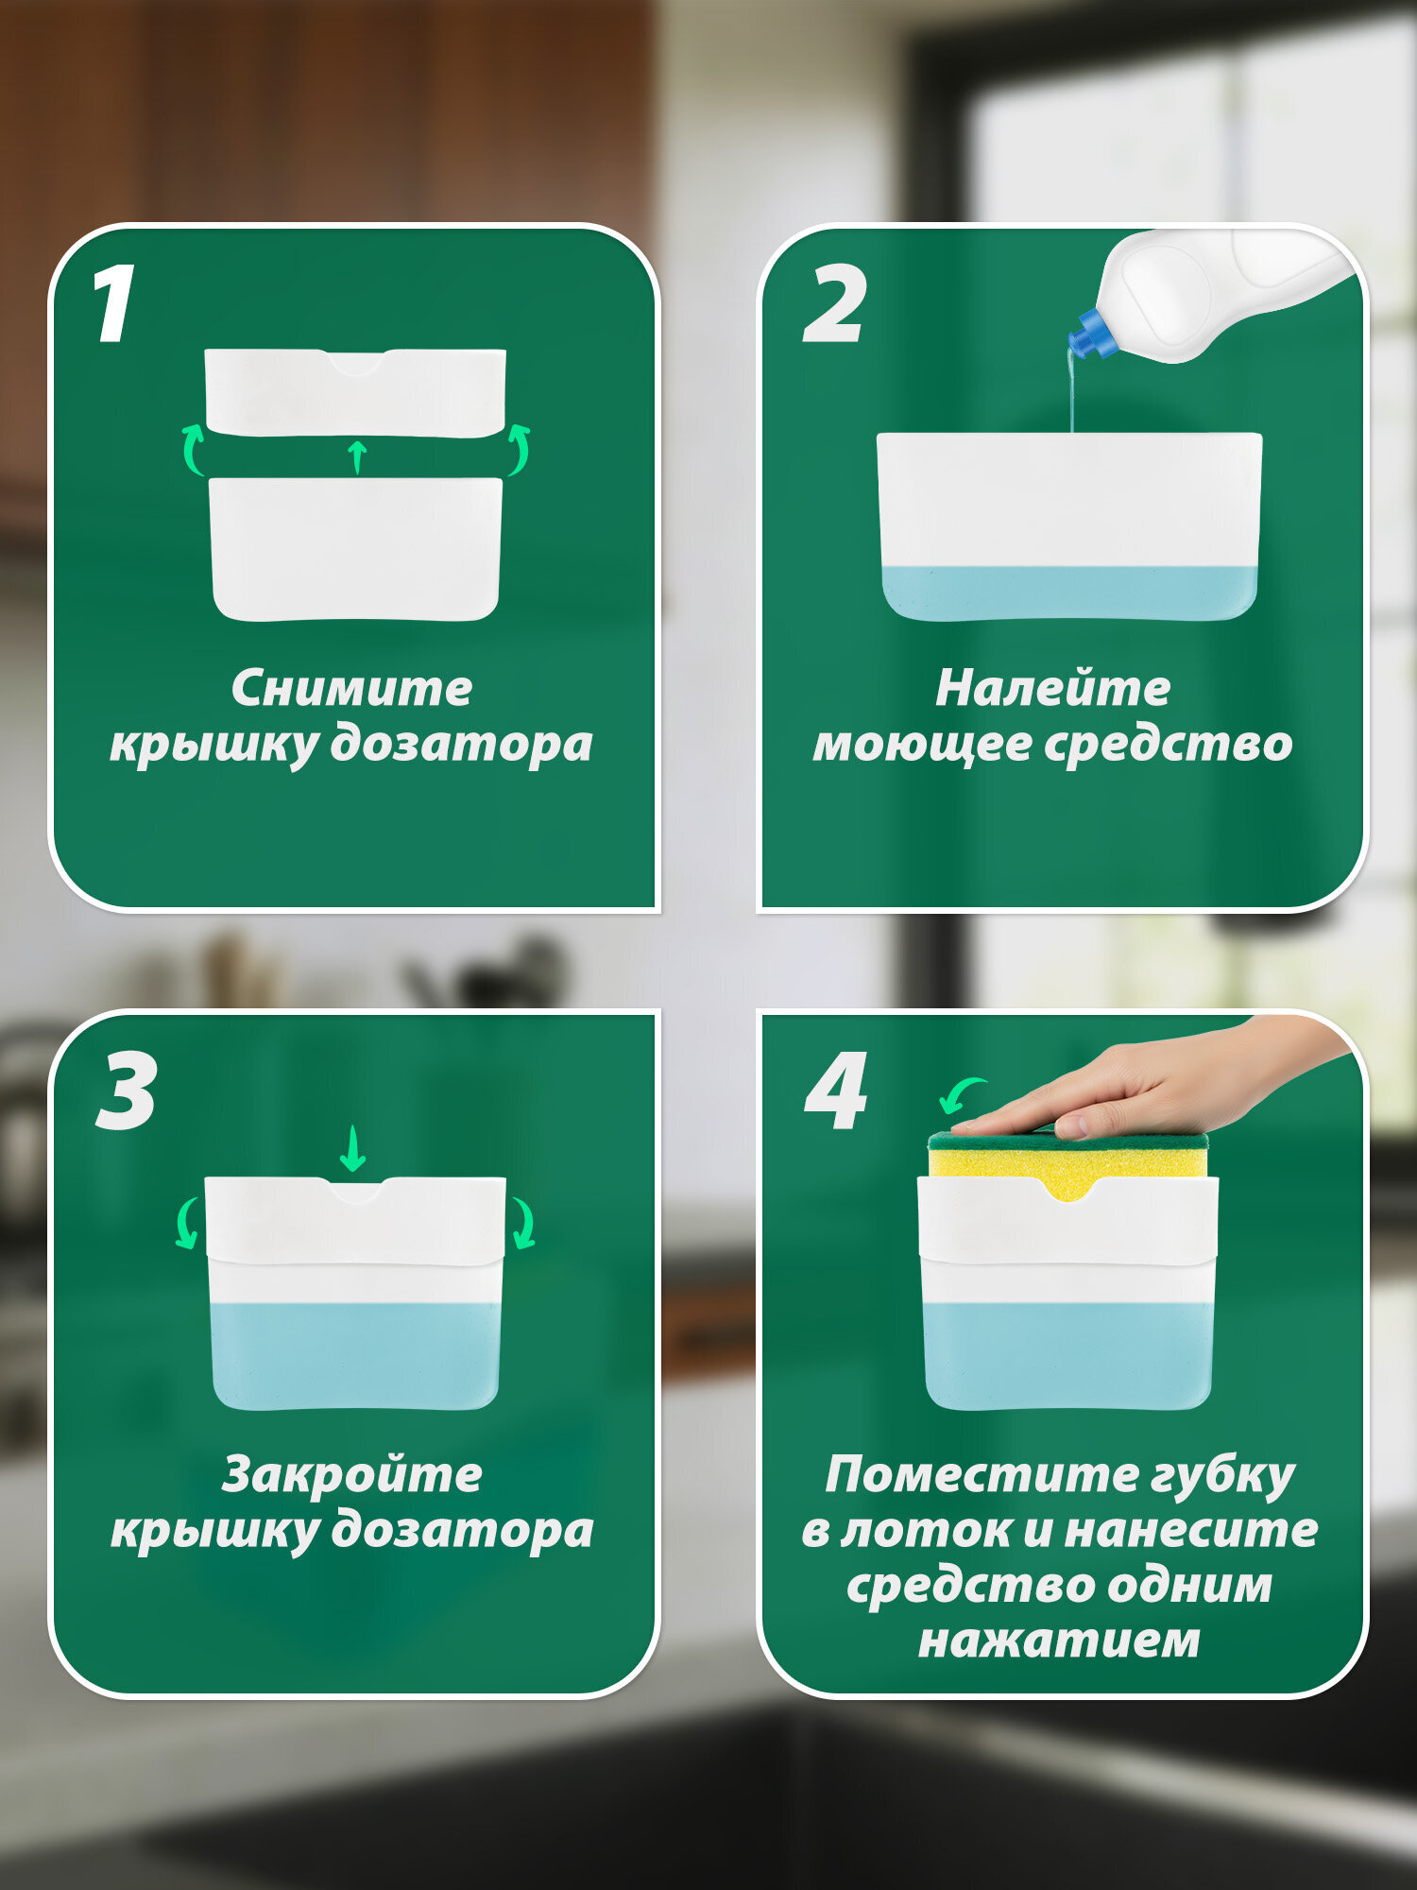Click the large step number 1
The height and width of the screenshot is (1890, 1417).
point(115,304)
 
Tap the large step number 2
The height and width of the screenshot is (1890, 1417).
point(834,304)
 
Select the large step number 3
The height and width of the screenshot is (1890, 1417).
point(128,1091)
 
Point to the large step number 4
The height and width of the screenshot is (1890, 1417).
point(836,1091)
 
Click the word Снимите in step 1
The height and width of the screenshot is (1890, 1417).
point(351,689)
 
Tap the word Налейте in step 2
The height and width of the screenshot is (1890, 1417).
point(1052,689)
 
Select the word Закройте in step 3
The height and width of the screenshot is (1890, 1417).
point(351,1475)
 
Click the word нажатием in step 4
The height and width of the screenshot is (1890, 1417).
point(1059,1641)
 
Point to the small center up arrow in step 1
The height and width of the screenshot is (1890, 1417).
point(357,456)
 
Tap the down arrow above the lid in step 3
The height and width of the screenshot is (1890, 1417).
point(352,1148)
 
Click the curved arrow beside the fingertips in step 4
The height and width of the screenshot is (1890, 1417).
point(961,1094)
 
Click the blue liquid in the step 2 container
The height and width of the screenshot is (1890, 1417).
point(1069,593)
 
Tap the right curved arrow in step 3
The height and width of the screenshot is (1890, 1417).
point(522,1224)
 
